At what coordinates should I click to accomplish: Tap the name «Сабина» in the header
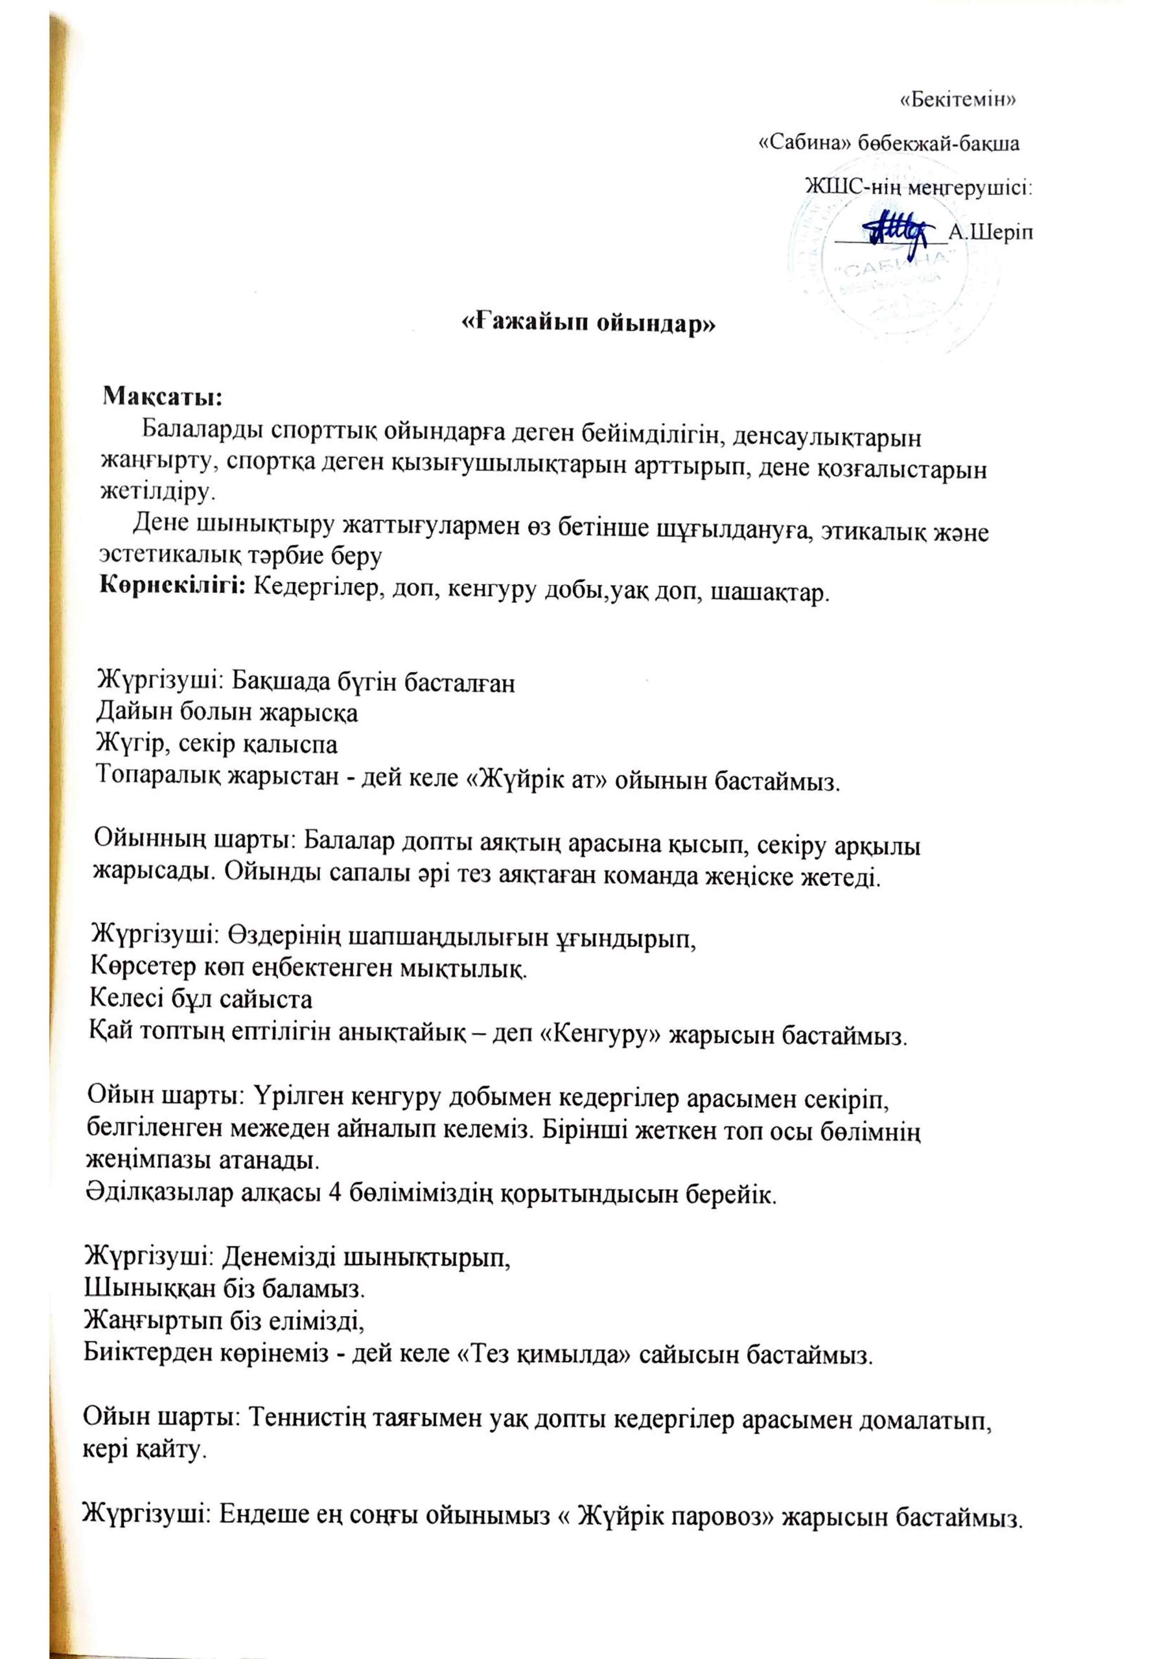click(x=804, y=143)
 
